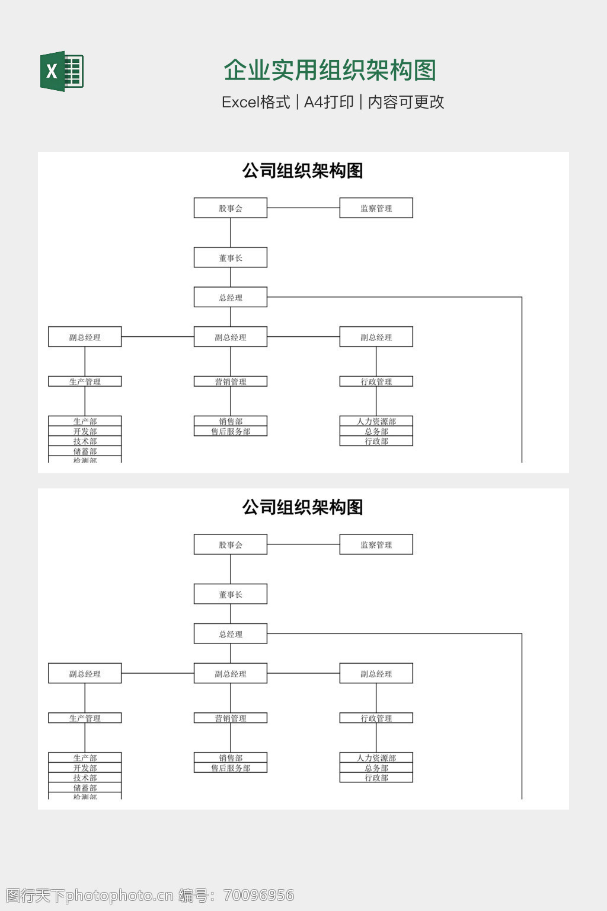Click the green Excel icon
click(62, 71)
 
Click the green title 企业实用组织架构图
click(330, 70)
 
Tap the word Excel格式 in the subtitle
click(255, 102)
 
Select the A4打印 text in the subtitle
click(328, 102)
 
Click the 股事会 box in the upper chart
click(231, 208)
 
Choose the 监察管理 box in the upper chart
click(376, 208)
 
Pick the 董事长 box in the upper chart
click(231, 258)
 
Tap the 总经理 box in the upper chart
click(231, 298)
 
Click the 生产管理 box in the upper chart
click(85, 381)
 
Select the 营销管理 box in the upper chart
click(231, 381)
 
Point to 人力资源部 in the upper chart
click(376, 421)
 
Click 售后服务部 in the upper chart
click(231, 431)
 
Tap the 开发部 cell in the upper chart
click(85, 431)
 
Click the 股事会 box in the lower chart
click(231, 544)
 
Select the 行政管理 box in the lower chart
click(376, 718)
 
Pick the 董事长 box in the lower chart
click(231, 594)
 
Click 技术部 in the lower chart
click(85, 778)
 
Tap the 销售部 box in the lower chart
click(231, 757)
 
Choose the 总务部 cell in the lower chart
click(376, 767)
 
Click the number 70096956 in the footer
click(259, 895)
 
